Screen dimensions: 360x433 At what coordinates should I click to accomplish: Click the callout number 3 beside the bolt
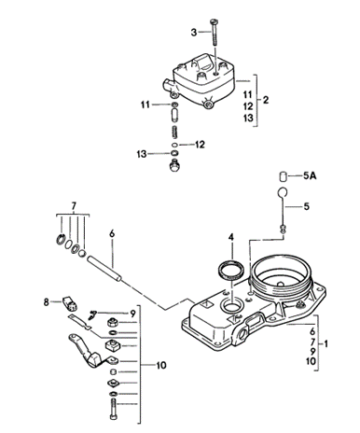point(194,32)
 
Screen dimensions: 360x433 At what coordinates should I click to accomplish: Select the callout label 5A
point(310,175)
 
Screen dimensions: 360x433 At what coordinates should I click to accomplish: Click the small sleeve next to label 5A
point(283,176)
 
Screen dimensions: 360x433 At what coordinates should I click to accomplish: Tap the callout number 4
point(230,237)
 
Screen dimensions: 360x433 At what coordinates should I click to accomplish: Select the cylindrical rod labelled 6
point(104,269)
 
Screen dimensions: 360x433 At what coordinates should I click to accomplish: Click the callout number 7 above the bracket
point(74,206)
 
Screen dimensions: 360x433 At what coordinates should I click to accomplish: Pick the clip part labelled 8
point(71,303)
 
